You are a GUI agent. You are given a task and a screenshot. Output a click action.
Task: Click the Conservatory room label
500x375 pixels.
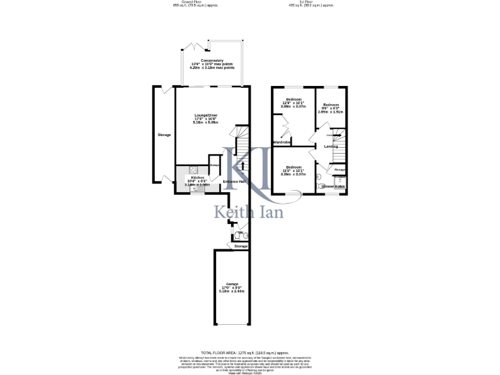[x=212, y=61]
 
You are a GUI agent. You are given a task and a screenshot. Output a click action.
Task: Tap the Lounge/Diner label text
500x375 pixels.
[x=206, y=116]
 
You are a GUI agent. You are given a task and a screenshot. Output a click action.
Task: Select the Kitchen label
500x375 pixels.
[x=197, y=177]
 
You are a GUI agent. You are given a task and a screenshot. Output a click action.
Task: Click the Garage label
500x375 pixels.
[x=232, y=285]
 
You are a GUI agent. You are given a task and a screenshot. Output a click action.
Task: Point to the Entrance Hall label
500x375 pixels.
[x=234, y=181]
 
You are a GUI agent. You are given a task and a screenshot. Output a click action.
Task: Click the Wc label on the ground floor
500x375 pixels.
[x=240, y=232]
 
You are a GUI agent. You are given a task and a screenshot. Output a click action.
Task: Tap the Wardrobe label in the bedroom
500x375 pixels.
[x=281, y=142]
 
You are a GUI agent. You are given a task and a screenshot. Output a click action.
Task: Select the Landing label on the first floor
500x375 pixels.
[x=330, y=146]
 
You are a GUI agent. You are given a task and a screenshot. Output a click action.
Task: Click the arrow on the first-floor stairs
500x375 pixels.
[x=336, y=135]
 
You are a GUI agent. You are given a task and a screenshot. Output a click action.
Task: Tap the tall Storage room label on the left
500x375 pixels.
[x=164, y=135]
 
